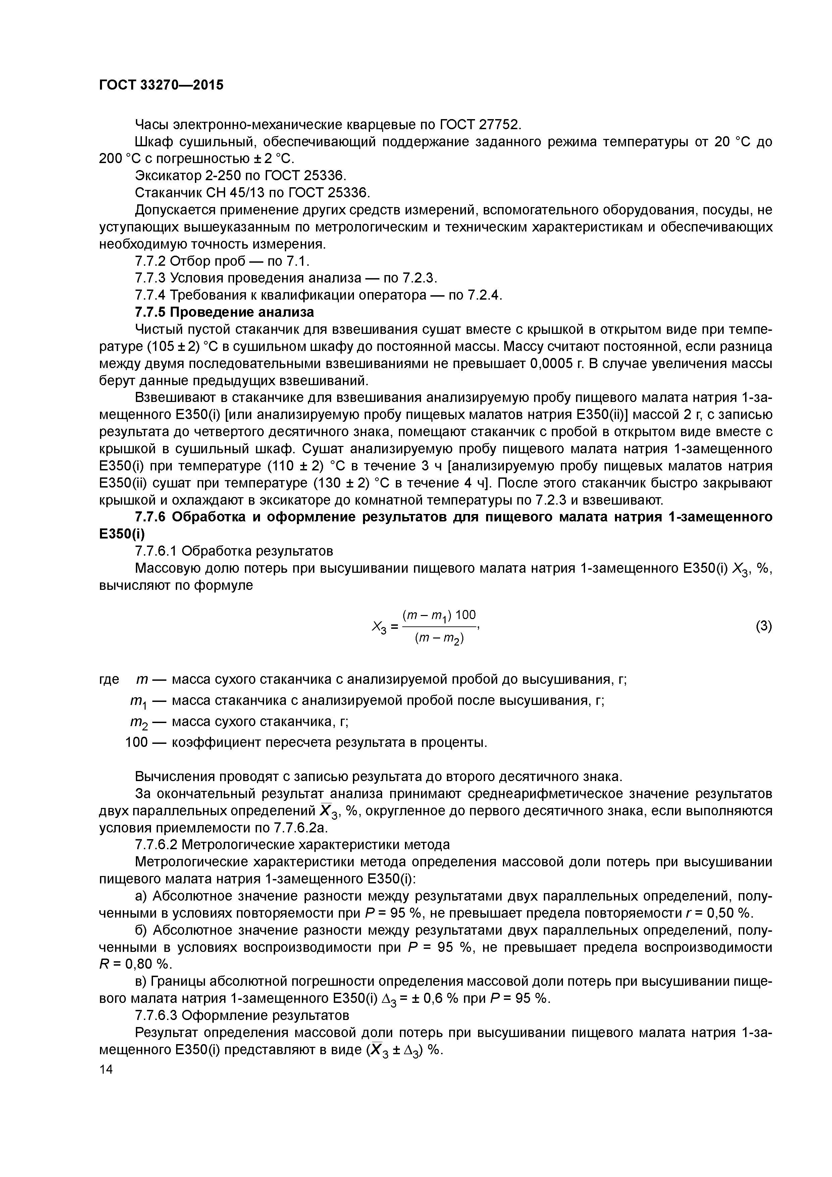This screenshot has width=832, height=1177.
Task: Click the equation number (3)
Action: click(x=763, y=626)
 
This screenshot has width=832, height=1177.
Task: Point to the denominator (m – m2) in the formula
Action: click(x=439, y=639)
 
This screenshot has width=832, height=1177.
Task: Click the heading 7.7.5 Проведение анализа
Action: click(x=224, y=312)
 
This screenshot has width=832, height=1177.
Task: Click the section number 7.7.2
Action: click(x=150, y=261)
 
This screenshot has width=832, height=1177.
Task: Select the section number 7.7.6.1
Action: click(x=156, y=551)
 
